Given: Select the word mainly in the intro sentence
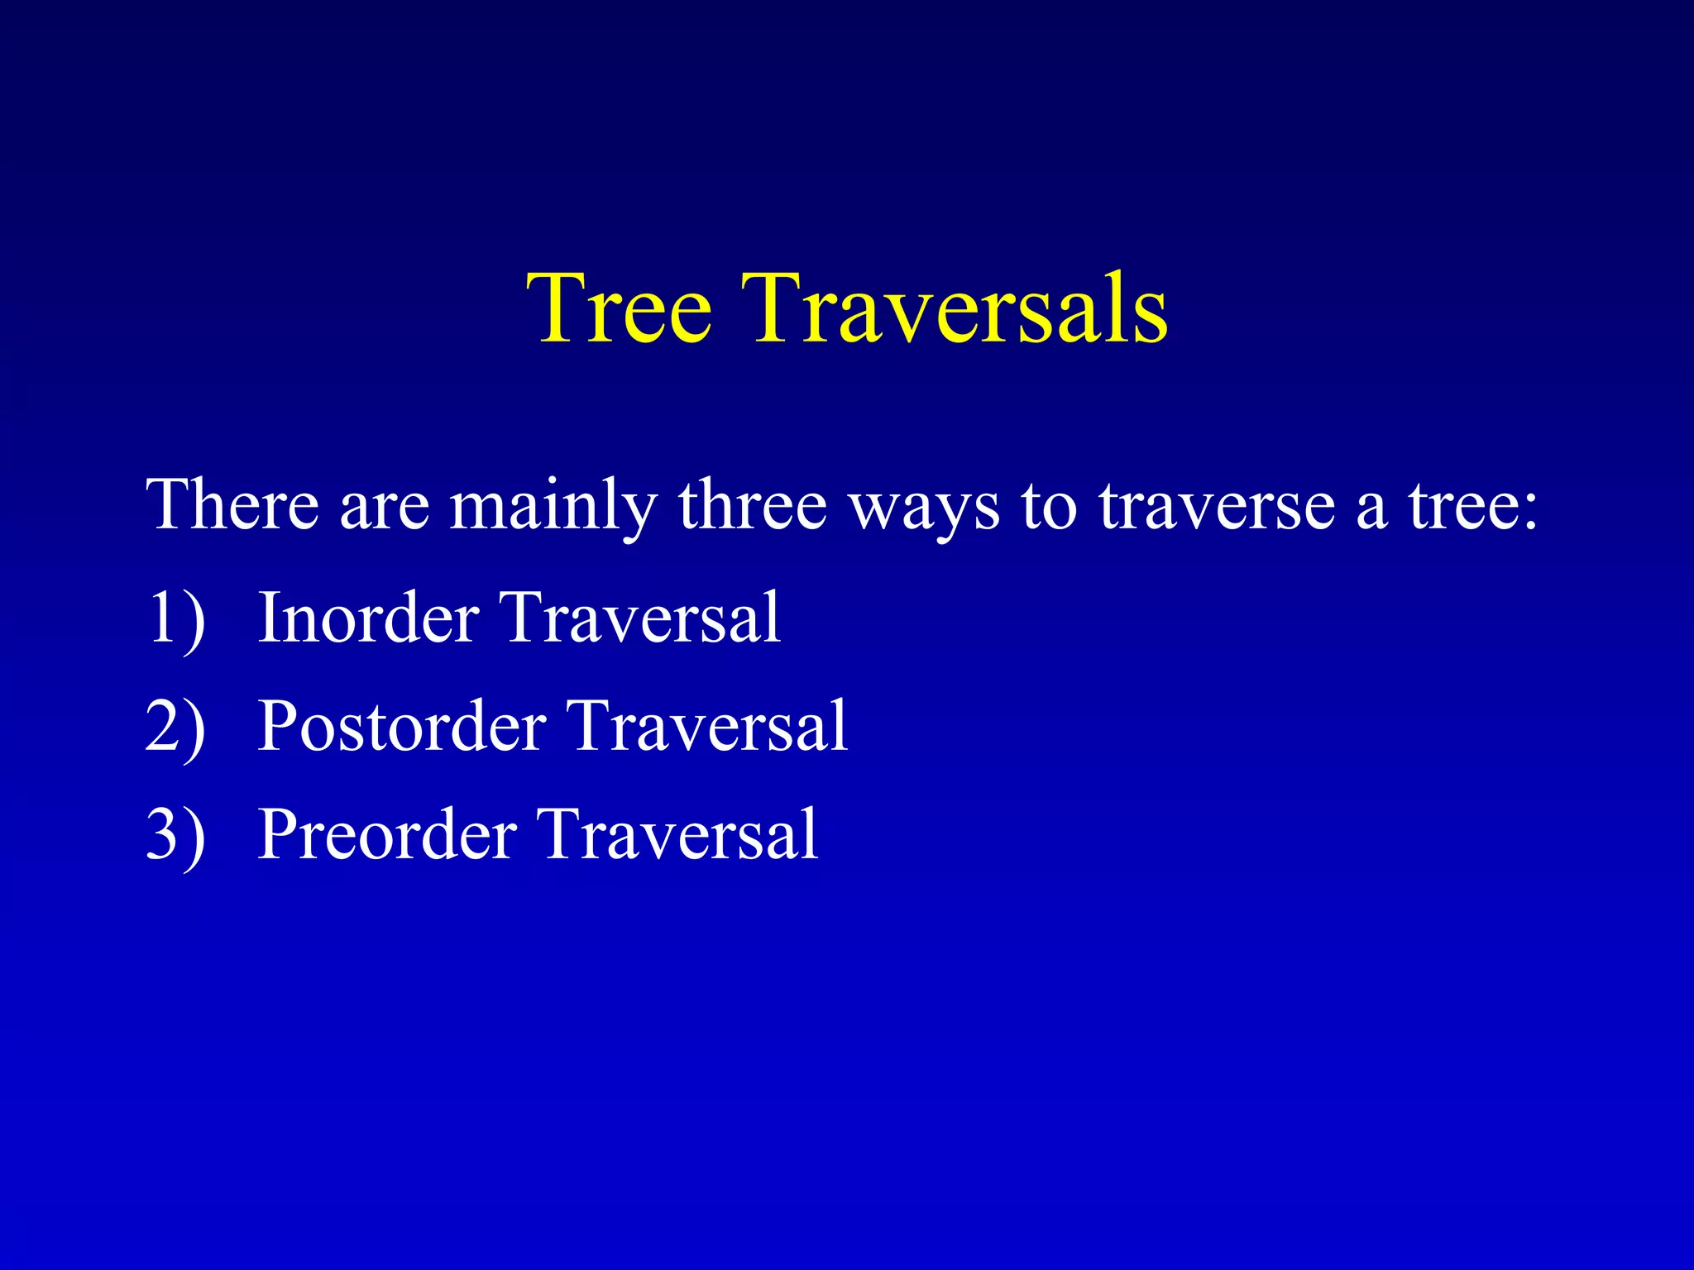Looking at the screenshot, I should click(x=553, y=506).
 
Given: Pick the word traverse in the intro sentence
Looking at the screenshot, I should click(x=1217, y=505).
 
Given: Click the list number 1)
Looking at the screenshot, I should click(x=175, y=618).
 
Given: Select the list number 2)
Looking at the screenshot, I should click(x=175, y=726).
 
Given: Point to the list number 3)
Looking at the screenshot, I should click(x=175, y=834).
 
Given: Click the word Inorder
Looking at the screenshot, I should click(x=368, y=618).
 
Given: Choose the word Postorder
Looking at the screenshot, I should click(x=401, y=726).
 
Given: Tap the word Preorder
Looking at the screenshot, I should click(x=387, y=834).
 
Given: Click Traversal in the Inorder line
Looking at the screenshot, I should click(x=641, y=618).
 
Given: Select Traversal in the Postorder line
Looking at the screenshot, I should click(x=708, y=726).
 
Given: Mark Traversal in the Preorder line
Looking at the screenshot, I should click(x=678, y=834).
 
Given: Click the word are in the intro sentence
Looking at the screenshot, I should click(x=384, y=507).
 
